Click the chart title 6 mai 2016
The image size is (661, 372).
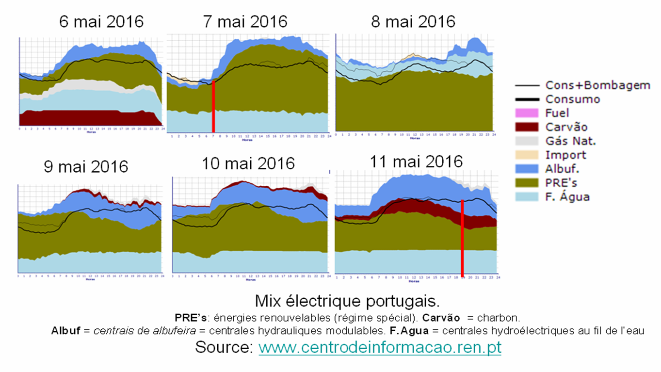pyautogui.click(x=101, y=22)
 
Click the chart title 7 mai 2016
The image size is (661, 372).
pyautogui.click(x=245, y=21)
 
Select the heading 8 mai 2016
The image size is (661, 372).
pyautogui.click(x=413, y=21)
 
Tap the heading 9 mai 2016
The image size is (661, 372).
pyautogui.click(x=86, y=166)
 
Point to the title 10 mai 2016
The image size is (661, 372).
pyautogui.click(x=248, y=163)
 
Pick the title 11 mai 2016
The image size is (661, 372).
pyautogui.click(x=416, y=161)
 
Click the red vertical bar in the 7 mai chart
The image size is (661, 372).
pyautogui.click(x=213, y=107)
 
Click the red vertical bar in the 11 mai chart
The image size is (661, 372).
pyautogui.click(x=463, y=238)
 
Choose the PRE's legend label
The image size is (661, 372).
pyautogui.click(x=561, y=183)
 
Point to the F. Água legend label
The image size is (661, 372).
pyautogui.click(x=567, y=196)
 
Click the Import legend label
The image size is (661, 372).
pyautogui.click(x=565, y=155)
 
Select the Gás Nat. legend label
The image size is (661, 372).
pyautogui.click(x=570, y=141)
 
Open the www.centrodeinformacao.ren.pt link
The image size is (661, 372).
pyautogui.click(x=380, y=347)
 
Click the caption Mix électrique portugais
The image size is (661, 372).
pyautogui.click(x=347, y=301)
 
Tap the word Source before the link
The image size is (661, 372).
pyautogui.click(x=224, y=347)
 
